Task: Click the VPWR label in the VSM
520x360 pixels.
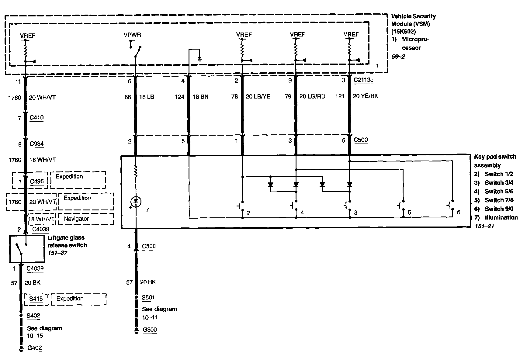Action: [132, 35]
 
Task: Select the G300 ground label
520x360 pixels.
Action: [149, 330]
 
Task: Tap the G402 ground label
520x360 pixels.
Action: [34, 348]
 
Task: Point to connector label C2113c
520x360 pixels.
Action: [363, 80]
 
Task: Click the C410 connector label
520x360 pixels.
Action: [36, 117]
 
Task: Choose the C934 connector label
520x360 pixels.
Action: [36, 144]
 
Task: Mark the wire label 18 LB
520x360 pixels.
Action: [147, 97]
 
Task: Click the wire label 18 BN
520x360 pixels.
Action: [201, 97]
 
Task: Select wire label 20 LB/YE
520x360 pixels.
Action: [258, 96]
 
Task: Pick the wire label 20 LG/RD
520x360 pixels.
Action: [312, 96]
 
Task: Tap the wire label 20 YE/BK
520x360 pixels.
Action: [366, 96]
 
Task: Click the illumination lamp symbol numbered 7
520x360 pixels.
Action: [136, 202]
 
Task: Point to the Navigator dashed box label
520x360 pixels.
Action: [76, 219]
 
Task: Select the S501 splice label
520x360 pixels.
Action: [148, 297]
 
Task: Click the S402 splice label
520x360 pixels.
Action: [33, 316]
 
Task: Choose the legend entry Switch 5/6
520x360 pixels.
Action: [499, 191]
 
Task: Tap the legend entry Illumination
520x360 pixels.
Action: [501, 217]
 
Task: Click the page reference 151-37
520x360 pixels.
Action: [57, 253]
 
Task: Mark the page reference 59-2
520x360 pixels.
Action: [398, 56]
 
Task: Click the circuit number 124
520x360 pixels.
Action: [179, 97]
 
